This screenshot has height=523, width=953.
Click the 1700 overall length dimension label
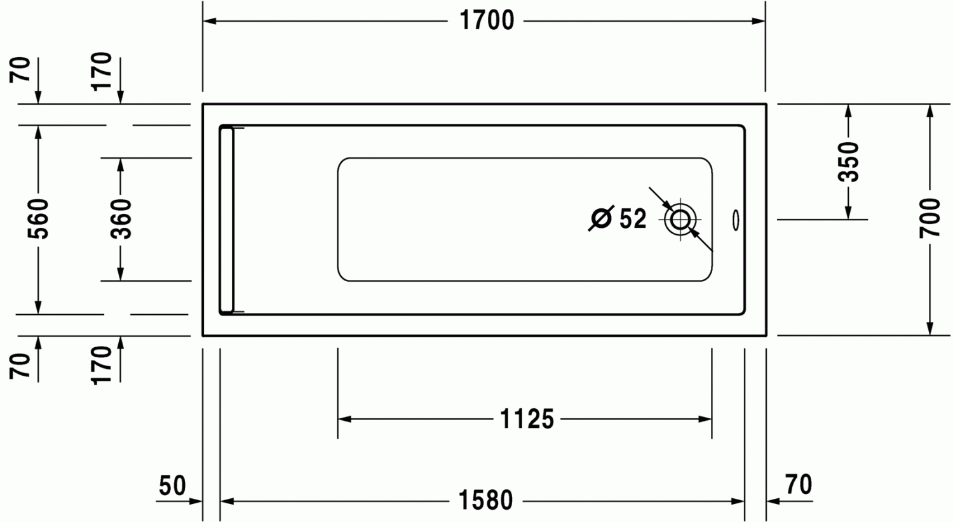click(487, 22)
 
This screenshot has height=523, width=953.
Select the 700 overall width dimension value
click(929, 218)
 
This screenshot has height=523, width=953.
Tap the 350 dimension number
click(848, 162)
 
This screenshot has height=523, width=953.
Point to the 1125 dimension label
click(527, 419)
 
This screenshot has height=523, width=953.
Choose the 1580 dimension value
click(486, 501)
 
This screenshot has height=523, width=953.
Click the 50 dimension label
click(172, 486)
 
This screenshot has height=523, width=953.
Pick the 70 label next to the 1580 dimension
click(798, 485)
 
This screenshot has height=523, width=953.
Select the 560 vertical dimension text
click(39, 218)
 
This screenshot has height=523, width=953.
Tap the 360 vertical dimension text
click(121, 218)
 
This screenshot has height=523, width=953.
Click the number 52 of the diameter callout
click(633, 219)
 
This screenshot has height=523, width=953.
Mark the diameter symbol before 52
click(601, 219)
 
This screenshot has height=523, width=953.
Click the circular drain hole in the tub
click(680, 220)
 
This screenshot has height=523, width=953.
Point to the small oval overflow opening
click(736, 220)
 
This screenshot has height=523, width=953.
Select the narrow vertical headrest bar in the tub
click(227, 220)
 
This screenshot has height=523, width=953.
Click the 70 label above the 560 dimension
click(21, 70)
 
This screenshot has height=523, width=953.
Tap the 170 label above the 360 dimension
click(102, 71)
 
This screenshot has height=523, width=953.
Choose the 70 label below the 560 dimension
click(21, 366)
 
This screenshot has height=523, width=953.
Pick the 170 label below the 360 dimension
click(102, 364)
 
